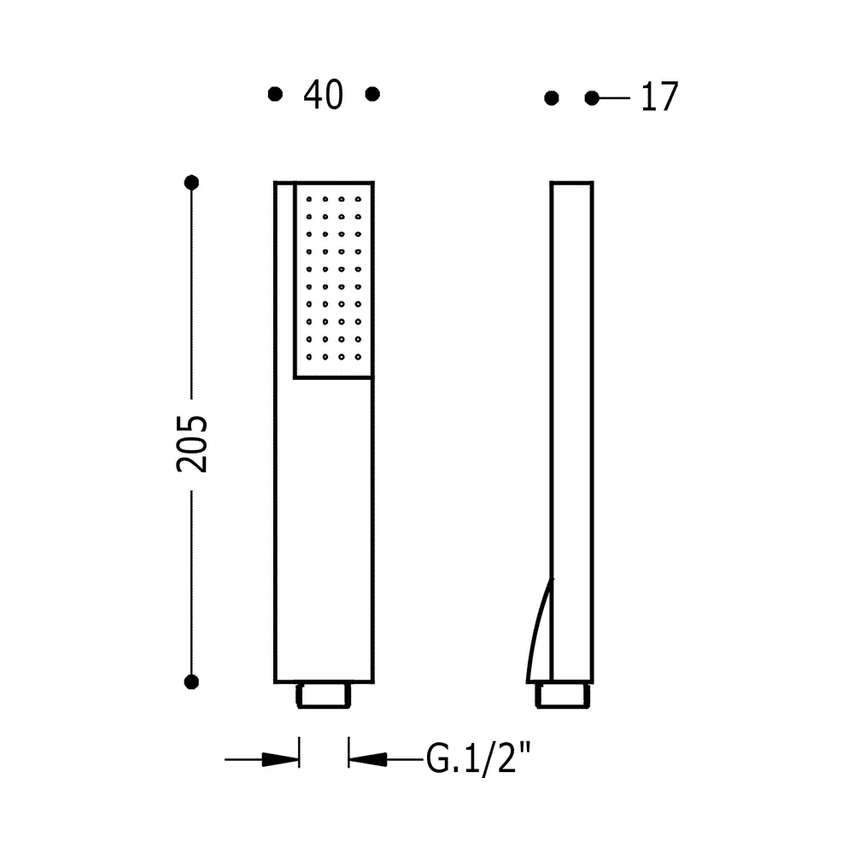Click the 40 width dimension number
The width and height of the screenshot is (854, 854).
click(323, 95)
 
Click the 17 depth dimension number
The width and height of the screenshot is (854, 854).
click(659, 97)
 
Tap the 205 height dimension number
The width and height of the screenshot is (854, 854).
click(191, 444)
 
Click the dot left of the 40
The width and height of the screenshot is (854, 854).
click(276, 94)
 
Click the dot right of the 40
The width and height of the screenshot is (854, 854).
click(372, 94)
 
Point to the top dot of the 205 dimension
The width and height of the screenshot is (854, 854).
click(191, 183)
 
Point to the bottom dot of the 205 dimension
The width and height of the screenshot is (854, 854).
click(191, 681)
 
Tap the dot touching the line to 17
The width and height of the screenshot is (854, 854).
click(592, 98)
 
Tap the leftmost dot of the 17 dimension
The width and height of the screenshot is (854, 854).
click(552, 98)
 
